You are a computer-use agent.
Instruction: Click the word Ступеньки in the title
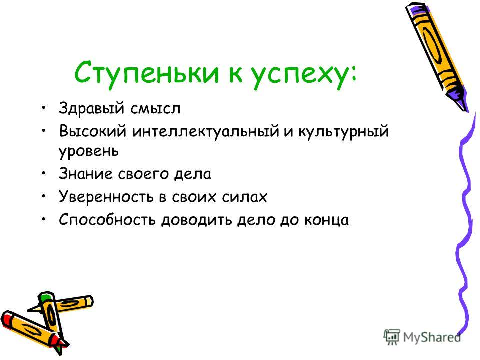coord(147,73)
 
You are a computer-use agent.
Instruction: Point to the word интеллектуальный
coord(205,132)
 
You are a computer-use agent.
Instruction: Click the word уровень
coord(89,151)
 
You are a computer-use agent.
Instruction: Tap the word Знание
coord(85,174)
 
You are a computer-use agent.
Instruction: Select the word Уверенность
coord(106,197)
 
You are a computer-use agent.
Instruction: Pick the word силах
coord(244,197)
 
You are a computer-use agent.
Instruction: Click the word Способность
coord(107,220)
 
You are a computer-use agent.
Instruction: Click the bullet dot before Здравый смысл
coord(44,108)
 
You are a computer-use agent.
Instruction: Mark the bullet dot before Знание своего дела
coord(44,173)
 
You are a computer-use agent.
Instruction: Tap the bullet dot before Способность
coord(44,219)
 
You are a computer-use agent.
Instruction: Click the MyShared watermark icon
coord(392,337)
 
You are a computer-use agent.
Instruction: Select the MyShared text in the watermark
coord(432,337)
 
